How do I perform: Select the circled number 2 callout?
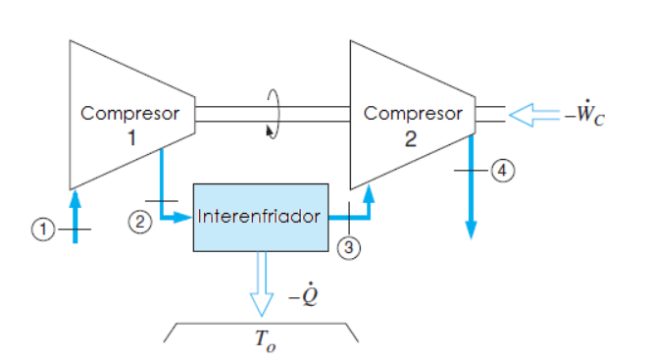[141, 222]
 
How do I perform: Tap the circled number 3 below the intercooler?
[348, 248]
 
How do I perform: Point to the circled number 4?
[502, 171]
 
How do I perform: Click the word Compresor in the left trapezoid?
[130, 113]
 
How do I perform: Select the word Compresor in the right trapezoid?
[413, 113]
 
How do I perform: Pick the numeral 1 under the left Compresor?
[130, 138]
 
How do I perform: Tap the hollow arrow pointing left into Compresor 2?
[532, 115]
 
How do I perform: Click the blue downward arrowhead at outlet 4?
[471, 231]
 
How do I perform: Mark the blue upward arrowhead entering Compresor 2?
[369, 196]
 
